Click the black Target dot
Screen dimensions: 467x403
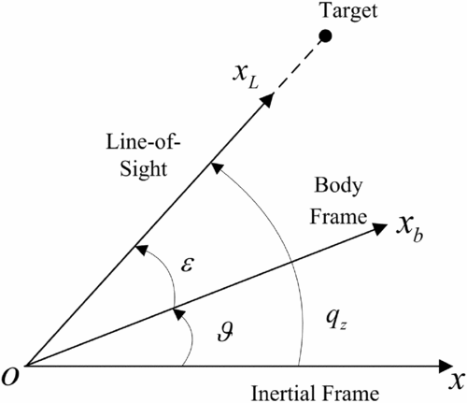(325, 36)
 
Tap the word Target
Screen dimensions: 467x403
(349, 11)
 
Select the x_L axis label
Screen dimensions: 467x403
(246, 78)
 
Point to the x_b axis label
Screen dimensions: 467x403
(409, 231)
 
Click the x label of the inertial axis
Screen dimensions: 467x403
(457, 381)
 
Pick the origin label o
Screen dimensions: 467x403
(9, 377)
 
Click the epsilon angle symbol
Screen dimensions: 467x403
(188, 266)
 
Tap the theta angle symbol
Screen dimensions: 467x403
(225, 331)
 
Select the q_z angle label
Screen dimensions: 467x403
(336, 320)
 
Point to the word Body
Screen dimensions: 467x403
(338, 186)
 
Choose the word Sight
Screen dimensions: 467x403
(144, 169)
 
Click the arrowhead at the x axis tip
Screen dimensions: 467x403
(446, 366)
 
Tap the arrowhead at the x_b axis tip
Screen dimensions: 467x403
(380, 228)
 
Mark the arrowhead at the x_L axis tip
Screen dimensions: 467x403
(268, 99)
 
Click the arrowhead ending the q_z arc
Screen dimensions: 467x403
(217, 167)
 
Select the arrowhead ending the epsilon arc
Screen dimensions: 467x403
(141, 250)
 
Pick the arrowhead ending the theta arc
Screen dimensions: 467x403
(178, 314)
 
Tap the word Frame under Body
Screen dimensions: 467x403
(338, 217)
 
